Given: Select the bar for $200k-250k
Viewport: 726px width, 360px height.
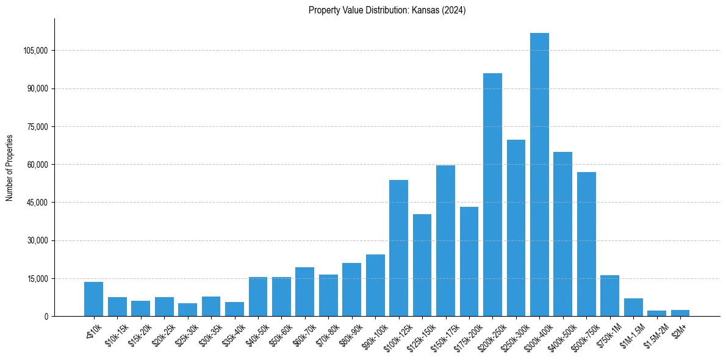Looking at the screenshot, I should tap(492, 195).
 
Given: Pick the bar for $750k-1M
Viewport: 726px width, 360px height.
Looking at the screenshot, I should tap(609, 296).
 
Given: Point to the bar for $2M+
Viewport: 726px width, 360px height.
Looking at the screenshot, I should tap(680, 313).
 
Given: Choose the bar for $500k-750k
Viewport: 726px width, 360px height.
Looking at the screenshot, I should tap(586, 244).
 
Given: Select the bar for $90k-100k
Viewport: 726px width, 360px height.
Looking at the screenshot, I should tap(375, 285).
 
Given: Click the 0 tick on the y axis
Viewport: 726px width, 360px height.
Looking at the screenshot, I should tap(46, 317).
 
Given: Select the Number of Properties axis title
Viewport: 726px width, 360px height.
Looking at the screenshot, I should tap(9, 168).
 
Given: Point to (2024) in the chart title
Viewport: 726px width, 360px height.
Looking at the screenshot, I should tap(455, 10).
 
